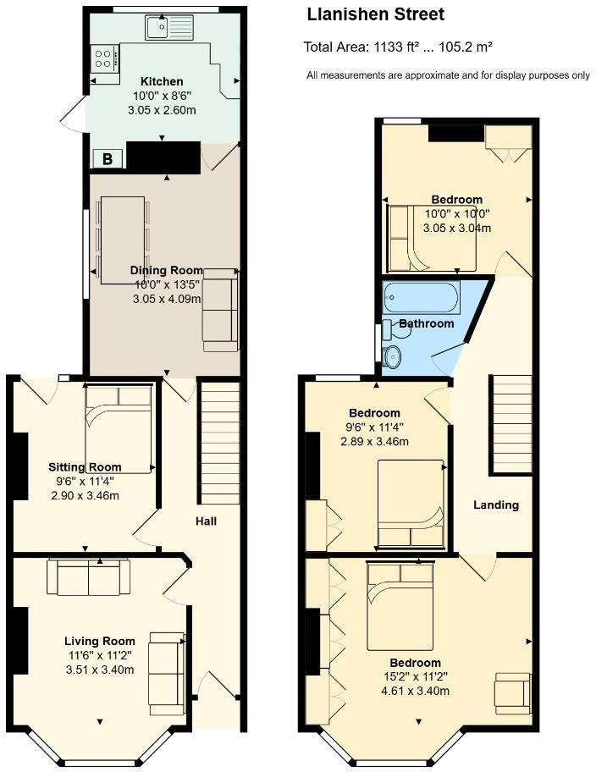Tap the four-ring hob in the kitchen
point(104,58)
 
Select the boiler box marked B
point(108,158)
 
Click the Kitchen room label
point(162,82)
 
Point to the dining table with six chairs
point(123,240)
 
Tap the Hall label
point(206,521)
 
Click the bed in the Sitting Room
point(119,427)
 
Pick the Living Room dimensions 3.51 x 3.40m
point(100,670)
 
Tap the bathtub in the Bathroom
point(421,298)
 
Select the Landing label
point(495,505)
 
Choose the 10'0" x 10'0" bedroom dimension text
point(457,214)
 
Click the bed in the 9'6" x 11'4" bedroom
point(411,504)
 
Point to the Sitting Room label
point(85,467)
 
